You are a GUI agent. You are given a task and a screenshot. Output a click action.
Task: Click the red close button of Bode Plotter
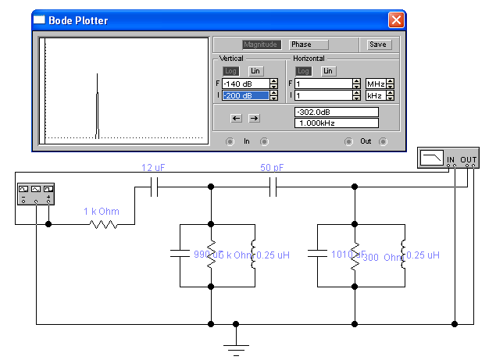pos(396,20)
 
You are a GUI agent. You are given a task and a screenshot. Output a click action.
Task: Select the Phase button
pos(309,45)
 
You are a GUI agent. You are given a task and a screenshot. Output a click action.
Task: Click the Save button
pos(378,45)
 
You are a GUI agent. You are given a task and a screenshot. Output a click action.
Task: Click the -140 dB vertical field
pos(244,84)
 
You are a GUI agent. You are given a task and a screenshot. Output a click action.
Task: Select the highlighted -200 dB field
pos(244,95)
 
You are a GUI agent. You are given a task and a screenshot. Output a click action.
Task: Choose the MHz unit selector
pos(375,84)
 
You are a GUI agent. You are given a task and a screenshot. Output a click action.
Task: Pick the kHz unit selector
pos(375,95)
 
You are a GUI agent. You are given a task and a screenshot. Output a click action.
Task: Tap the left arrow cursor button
pos(236,118)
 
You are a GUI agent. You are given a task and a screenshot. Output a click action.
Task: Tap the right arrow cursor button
pos(254,118)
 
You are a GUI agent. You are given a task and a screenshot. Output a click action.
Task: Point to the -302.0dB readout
pos(335,112)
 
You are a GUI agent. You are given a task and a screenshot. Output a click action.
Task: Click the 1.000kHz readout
pos(335,123)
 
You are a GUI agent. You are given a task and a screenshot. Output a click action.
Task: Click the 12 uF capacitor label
pos(152,168)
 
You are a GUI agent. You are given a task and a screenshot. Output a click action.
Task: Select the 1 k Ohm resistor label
pos(102,212)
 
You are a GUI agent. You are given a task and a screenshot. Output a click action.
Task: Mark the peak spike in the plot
pos(97,76)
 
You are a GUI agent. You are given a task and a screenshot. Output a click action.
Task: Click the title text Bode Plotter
pos(78,20)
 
